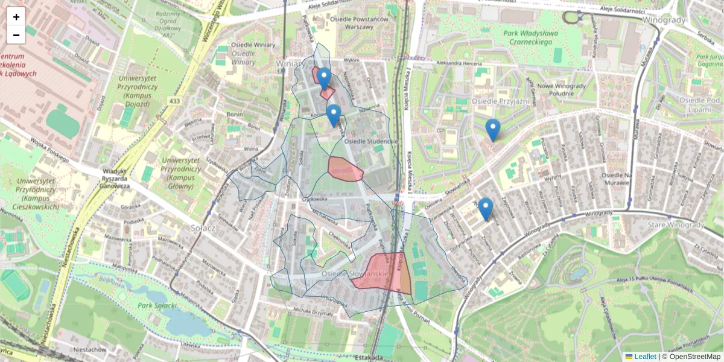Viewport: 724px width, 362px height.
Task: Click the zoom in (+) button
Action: point(16,17)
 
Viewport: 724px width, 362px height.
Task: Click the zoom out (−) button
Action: point(16,35)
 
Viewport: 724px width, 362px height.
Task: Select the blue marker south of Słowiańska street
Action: point(485,208)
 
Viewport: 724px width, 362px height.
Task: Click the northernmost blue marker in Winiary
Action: point(324,78)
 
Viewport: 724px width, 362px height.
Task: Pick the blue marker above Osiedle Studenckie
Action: point(333,115)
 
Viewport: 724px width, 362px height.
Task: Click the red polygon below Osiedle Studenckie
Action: point(345,168)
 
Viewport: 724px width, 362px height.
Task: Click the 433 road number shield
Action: point(175,101)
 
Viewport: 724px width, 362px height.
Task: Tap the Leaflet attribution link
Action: point(644,357)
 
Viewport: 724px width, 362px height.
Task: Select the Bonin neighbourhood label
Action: point(235,114)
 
